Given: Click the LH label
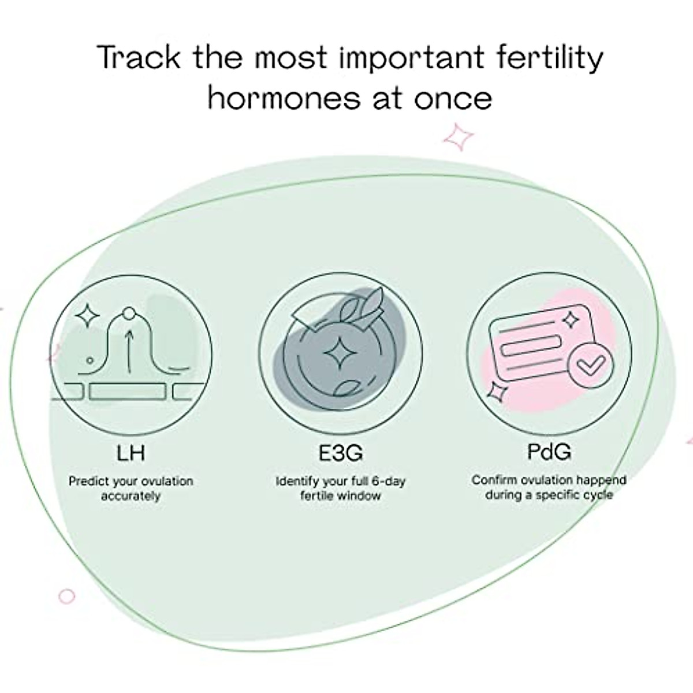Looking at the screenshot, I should [131, 452].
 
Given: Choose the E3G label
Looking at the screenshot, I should [340, 452].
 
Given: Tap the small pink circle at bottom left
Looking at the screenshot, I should [67, 596].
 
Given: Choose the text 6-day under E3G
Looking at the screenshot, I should [386, 481].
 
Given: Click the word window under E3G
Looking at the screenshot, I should [359, 495].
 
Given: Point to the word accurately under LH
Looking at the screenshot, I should [131, 496].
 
